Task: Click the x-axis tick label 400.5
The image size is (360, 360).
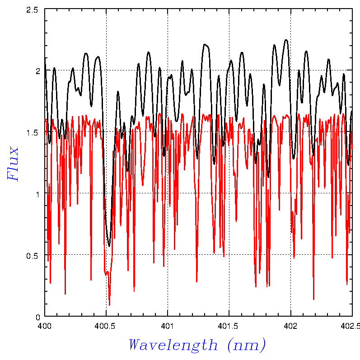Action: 106,325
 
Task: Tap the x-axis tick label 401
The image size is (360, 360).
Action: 168,325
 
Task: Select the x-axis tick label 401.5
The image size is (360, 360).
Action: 229,325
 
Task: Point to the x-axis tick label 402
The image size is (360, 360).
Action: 290,325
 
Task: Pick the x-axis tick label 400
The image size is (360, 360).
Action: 44,325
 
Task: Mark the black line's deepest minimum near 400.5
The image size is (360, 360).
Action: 109,246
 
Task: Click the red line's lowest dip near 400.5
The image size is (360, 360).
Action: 109,305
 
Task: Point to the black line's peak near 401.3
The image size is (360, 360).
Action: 204,44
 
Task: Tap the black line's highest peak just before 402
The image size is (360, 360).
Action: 286,40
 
